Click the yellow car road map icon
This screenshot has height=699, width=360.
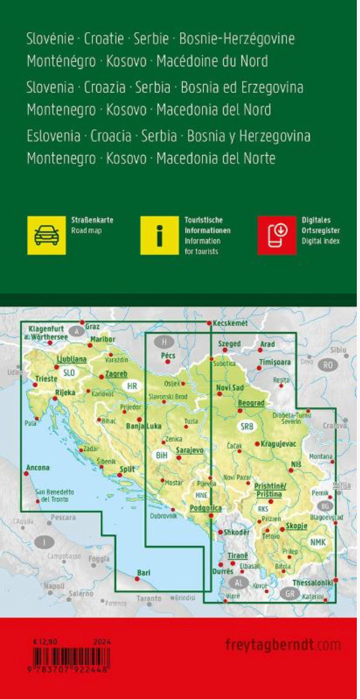pyautogui.click(x=46, y=235)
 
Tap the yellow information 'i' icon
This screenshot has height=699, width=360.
pyautogui.click(x=159, y=235)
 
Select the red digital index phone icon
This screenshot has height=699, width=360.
pyautogui.click(x=277, y=235)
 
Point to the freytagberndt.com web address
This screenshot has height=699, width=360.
pyautogui.click(x=282, y=645)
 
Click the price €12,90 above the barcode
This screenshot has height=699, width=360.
pyautogui.click(x=44, y=642)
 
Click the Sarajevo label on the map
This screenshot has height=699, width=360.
pyautogui.click(x=189, y=451)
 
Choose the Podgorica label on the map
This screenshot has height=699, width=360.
pyautogui.click(x=206, y=508)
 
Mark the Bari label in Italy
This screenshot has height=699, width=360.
pyautogui.click(x=144, y=573)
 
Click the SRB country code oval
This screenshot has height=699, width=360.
pyautogui.click(x=246, y=426)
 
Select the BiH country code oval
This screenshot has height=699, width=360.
pyautogui.click(x=161, y=454)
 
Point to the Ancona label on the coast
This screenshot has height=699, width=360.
pyautogui.click(x=38, y=467)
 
